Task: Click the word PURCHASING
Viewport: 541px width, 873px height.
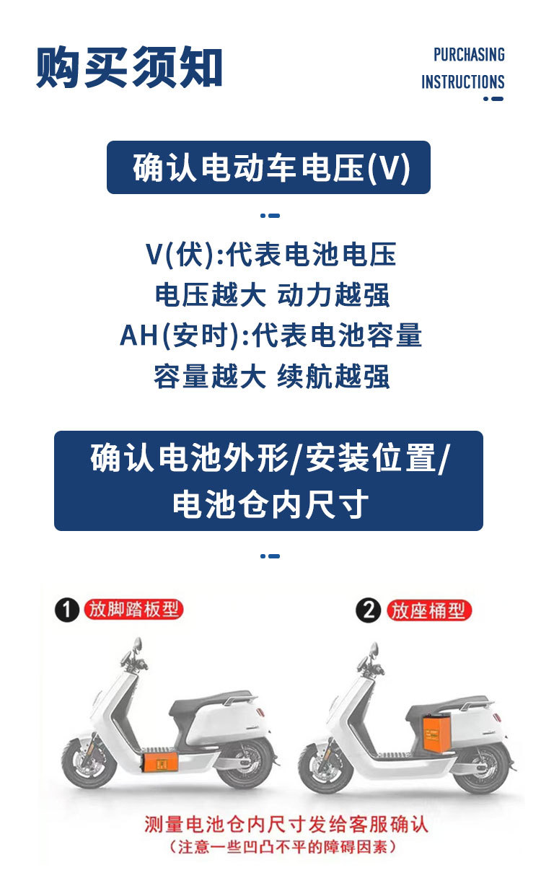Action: pyautogui.click(x=469, y=55)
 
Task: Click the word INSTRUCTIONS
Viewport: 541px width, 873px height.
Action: pyautogui.click(x=462, y=82)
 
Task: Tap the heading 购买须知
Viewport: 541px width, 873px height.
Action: pyautogui.click(x=129, y=66)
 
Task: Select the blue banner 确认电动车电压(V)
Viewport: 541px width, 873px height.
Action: pyautogui.click(x=268, y=167)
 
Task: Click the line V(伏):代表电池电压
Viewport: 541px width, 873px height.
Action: pyautogui.click(x=271, y=255)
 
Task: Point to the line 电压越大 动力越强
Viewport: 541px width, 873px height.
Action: pyautogui.click(x=272, y=295)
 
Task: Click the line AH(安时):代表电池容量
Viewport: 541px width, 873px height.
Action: pyautogui.click(x=271, y=335)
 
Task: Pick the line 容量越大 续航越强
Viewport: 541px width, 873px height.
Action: pyautogui.click(x=272, y=377)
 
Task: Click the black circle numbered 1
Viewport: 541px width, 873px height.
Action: pyautogui.click(x=66, y=610)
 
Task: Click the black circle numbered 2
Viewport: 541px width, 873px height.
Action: pyautogui.click(x=368, y=610)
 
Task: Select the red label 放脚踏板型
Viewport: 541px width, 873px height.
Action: pyautogui.click(x=133, y=610)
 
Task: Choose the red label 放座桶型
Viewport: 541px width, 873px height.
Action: pyautogui.click(x=428, y=610)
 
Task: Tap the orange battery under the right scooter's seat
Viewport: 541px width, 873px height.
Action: pyautogui.click(x=437, y=730)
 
